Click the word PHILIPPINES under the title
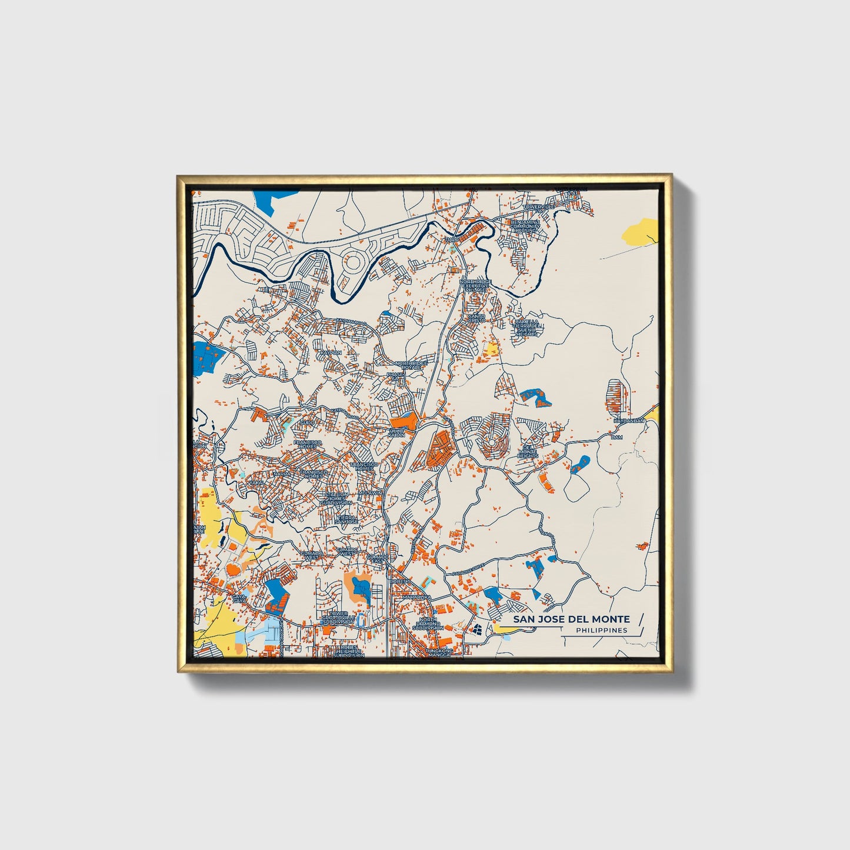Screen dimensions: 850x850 pos(601,630)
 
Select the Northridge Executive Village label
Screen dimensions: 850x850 pos(475,286)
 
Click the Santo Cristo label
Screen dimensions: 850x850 pos(476,318)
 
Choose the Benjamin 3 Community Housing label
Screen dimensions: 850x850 pos(525,226)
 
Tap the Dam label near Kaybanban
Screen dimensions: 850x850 pos(616,437)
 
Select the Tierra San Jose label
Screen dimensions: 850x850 pos(346,519)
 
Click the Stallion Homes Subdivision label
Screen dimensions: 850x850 pos(336,498)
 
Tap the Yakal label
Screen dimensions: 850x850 pos(256,482)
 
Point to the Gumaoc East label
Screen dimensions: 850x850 pos(377,558)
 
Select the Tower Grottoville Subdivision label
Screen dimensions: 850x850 pos(338,618)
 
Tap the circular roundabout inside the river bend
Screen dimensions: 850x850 pos(354,262)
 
